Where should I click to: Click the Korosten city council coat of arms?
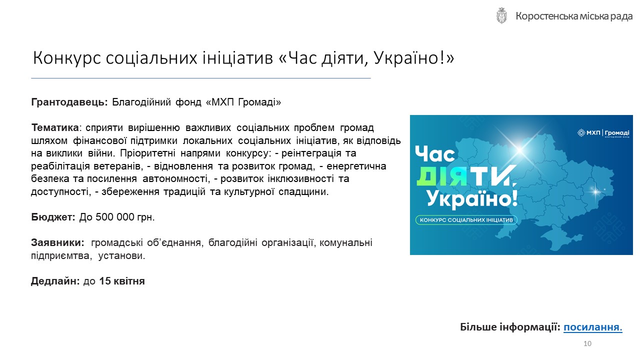[x=501, y=15]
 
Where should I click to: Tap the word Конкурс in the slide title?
[x=67, y=58]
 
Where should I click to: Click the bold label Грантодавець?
[x=69, y=102]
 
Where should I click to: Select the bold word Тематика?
[x=55, y=127]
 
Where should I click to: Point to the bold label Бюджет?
[x=53, y=217]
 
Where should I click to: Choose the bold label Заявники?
[x=57, y=242]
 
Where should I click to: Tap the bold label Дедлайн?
[x=55, y=281]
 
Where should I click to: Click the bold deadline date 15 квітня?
[x=122, y=281]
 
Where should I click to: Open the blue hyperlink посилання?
[x=593, y=327]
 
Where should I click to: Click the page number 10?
[x=587, y=343]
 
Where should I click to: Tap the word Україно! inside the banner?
[x=472, y=199]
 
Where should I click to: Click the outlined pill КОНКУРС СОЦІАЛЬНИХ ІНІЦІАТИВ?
[x=466, y=220]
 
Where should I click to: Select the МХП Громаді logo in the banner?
[x=603, y=133]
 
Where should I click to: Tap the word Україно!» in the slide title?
[x=413, y=58]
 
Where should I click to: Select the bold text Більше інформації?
[x=510, y=327]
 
